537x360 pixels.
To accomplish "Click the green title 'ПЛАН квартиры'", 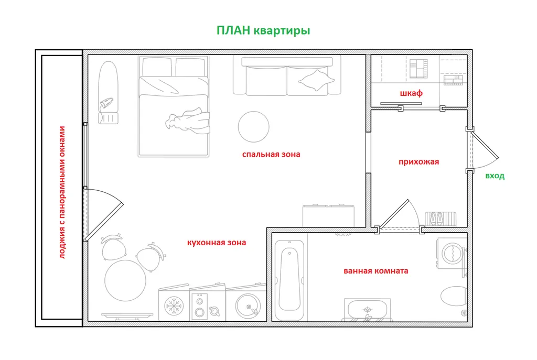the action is [x=263, y=31].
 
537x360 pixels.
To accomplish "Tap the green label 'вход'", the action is [x=495, y=176].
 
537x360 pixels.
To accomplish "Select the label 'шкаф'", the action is [x=411, y=93].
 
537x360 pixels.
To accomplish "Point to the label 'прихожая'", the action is [x=418, y=162].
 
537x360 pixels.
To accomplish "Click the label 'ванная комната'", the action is [x=375, y=271].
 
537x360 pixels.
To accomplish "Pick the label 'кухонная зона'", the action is [x=217, y=243].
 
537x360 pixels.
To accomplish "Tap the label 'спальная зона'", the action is [x=271, y=155].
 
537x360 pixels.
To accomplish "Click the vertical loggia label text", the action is [x=62, y=192].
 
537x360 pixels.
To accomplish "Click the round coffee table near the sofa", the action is [x=253, y=127].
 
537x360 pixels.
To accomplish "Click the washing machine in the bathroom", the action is [x=452, y=254].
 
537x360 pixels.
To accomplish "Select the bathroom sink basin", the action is [x=367, y=310].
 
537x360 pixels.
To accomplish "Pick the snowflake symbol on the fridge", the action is [x=174, y=306].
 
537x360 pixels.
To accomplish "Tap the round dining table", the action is [x=125, y=280].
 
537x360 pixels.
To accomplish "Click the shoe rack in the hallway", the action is [x=441, y=219].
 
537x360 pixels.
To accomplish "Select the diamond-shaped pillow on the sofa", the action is [x=316, y=80].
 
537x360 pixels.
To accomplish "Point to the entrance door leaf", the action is [x=485, y=145].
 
